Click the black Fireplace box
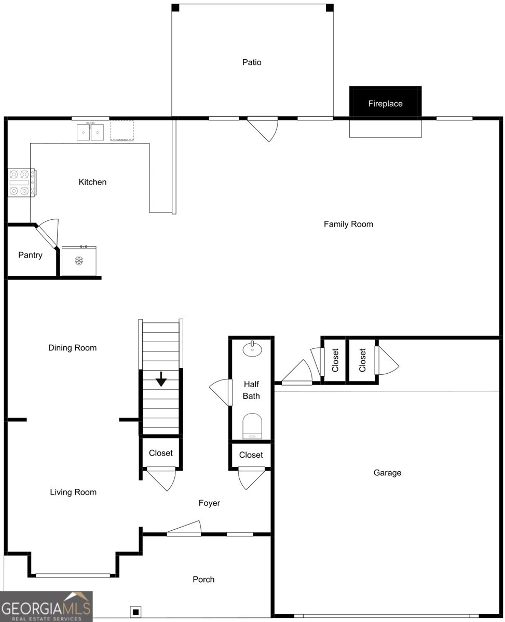coord(385,103)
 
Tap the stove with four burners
coord(21,182)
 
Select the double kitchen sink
coord(90,132)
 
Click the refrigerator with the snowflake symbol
coord(79,261)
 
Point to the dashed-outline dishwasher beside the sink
coord(122,131)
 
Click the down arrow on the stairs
coord(161,379)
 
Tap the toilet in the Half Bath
coord(253,426)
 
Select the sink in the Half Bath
coord(252,348)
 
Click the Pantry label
coord(30,255)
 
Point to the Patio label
coord(252,62)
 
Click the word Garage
coord(387,473)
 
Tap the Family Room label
coord(348,224)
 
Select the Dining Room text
coord(72,348)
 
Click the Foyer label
coord(209,503)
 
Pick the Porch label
coord(203,579)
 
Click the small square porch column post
coord(135,612)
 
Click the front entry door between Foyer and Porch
coord(184,529)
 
